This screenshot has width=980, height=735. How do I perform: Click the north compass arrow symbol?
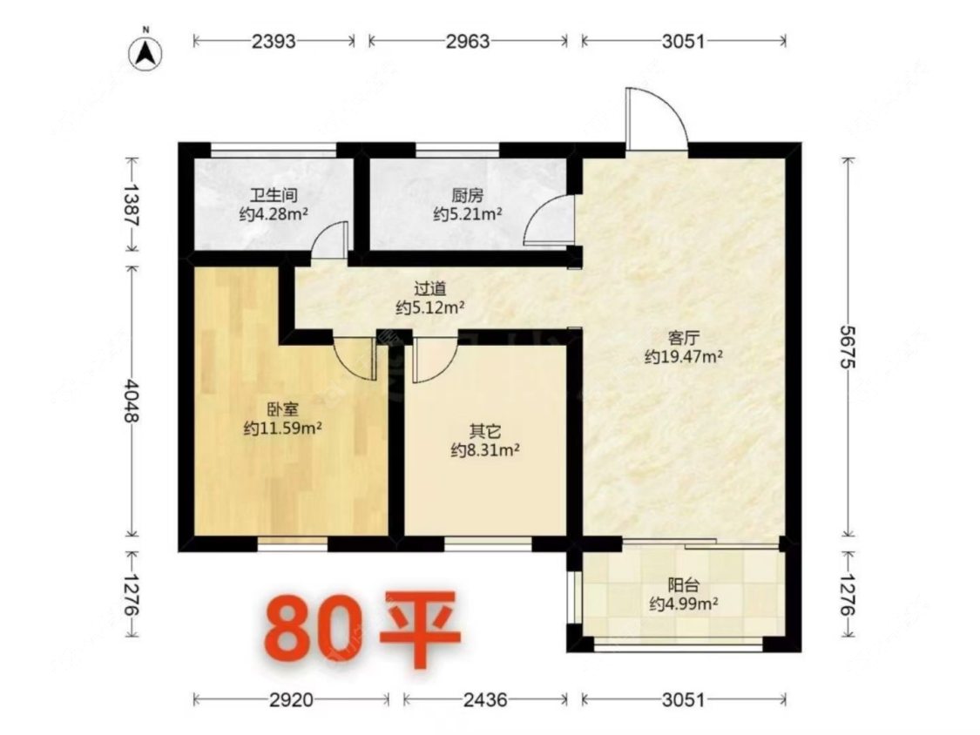pyautogui.click(x=145, y=54)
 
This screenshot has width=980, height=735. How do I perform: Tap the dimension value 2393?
pyautogui.click(x=274, y=41)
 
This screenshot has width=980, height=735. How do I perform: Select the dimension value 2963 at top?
pyautogui.click(x=468, y=41)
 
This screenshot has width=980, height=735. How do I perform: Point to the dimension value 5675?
pyautogui.click(x=848, y=347)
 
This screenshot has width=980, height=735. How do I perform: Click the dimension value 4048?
pyautogui.click(x=132, y=400)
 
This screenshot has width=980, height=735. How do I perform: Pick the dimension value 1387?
pyautogui.click(x=132, y=204)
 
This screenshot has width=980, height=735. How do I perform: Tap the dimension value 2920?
pyautogui.click(x=291, y=699)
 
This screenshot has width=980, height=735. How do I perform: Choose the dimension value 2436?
pyautogui.click(x=485, y=699)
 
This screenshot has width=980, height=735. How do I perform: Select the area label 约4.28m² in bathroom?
pyautogui.click(x=274, y=214)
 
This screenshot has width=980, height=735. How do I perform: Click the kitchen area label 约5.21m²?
pyautogui.click(x=468, y=214)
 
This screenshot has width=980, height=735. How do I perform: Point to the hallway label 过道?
pyautogui.click(x=430, y=289)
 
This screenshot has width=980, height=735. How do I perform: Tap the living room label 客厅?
pyautogui.click(x=684, y=338)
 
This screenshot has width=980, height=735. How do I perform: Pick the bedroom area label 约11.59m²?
pyautogui.click(x=282, y=428)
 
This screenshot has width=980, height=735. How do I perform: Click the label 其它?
pyautogui.click(x=485, y=431)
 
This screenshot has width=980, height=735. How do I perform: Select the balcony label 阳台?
pyautogui.click(x=683, y=585)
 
